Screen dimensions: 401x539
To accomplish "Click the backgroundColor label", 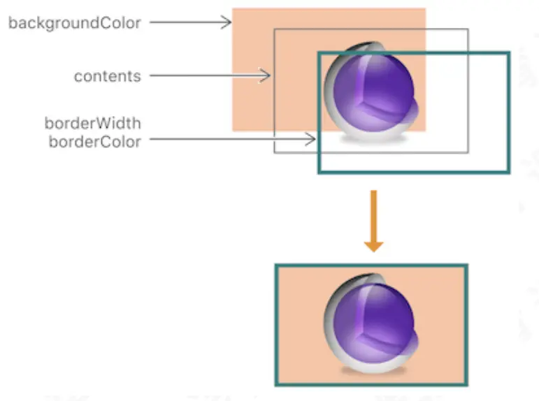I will pyautogui.click(x=75, y=23).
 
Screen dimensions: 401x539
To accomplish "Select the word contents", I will pyautogui.click(x=107, y=75).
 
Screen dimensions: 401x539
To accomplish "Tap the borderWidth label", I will pyautogui.click(x=92, y=124).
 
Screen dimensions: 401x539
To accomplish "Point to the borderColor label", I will pyautogui.click(x=94, y=142).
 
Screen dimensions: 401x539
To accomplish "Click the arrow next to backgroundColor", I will pyautogui.click(x=189, y=22).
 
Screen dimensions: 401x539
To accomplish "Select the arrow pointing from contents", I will pyautogui.click(x=210, y=75).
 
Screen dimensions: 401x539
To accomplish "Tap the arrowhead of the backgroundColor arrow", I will pyautogui.click(x=227, y=22).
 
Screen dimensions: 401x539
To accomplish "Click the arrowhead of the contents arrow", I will pyautogui.click(x=266, y=75).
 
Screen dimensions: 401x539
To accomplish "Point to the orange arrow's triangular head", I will pyautogui.click(x=373, y=245).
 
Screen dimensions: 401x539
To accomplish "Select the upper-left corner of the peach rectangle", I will pyautogui.click(x=233, y=10).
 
